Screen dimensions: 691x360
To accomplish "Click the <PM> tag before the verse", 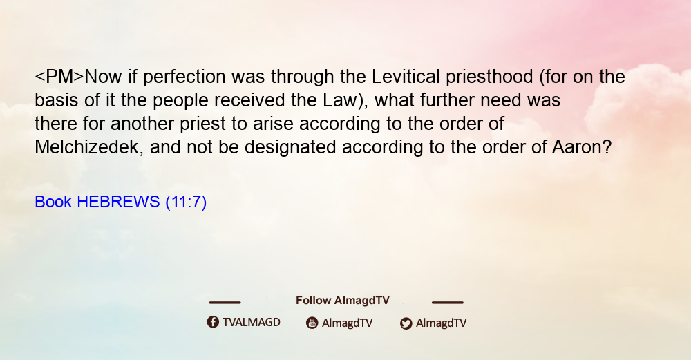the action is click(59, 77).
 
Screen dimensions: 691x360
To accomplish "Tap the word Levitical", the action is click(406, 77).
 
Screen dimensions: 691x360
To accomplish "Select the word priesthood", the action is click(490, 77).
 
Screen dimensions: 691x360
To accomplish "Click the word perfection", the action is click(184, 77).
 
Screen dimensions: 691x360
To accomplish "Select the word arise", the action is click(273, 124).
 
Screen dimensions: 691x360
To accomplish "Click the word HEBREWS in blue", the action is click(118, 202).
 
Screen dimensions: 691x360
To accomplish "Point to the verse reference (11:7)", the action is click(186, 202).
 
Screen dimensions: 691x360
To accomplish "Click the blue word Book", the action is click(53, 202).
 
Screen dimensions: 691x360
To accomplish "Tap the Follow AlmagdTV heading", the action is click(343, 301).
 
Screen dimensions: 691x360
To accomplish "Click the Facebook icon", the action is click(213, 322).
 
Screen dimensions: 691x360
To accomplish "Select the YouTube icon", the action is click(312, 323).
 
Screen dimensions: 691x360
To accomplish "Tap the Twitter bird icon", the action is click(406, 323).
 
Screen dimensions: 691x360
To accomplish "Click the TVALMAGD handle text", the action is click(252, 323).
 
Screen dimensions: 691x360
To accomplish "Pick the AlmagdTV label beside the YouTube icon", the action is click(348, 323).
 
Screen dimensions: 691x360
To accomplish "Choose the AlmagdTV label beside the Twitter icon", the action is click(441, 323).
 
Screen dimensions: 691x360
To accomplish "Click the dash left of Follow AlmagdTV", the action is click(225, 303).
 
